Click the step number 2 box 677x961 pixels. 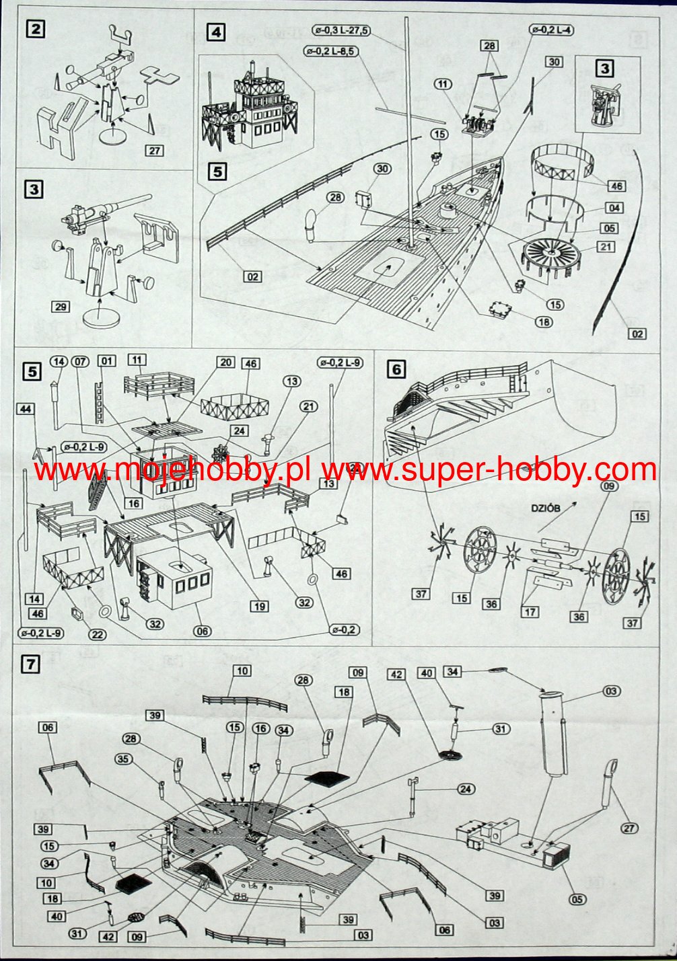pyautogui.click(x=35, y=29)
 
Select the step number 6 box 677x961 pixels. pyautogui.click(x=396, y=369)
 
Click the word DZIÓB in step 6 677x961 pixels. pyautogui.click(x=545, y=508)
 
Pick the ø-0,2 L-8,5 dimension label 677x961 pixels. pyautogui.click(x=330, y=50)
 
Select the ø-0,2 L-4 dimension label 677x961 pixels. pyautogui.click(x=552, y=30)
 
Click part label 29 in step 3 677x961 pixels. pyautogui.click(x=61, y=307)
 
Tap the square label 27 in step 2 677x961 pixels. pyautogui.click(x=155, y=150)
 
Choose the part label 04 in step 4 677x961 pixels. pyautogui.click(x=614, y=208)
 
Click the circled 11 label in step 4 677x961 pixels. pyautogui.click(x=443, y=84)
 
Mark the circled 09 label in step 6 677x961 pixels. pyautogui.click(x=608, y=487)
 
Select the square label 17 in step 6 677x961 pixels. pyautogui.click(x=530, y=612)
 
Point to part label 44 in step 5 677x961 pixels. pyautogui.click(x=26, y=409)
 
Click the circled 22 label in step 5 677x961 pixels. pyautogui.click(x=97, y=634)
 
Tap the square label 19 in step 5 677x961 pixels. pyautogui.click(x=260, y=606)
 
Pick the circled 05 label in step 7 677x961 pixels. pyautogui.click(x=577, y=899)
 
